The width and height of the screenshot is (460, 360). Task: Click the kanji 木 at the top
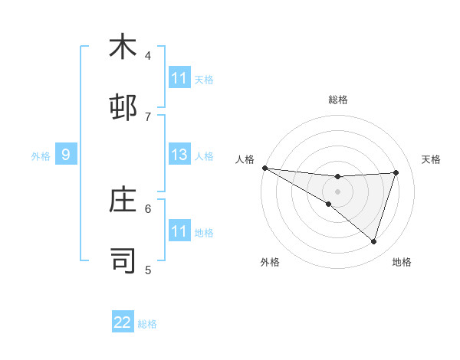[x=123, y=47]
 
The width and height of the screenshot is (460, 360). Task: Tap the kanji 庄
[x=123, y=200]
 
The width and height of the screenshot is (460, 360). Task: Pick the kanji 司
[x=123, y=260]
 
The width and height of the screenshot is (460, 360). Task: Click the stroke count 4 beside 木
[x=148, y=55]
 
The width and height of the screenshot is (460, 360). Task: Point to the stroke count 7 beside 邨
[x=148, y=116]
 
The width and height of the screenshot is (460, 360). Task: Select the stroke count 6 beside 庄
[x=148, y=208]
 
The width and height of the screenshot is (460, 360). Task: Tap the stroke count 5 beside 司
[x=148, y=269]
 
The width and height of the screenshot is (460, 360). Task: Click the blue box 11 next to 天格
[x=179, y=78]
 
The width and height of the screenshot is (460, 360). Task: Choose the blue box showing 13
[x=179, y=155]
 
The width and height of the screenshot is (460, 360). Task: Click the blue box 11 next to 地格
[x=179, y=231]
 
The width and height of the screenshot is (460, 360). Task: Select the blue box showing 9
[x=66, y=155]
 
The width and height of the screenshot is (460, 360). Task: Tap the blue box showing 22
[x=123, y=322]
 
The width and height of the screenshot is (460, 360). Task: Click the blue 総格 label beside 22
[x=148, y=323]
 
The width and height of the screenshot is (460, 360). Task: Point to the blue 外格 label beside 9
[x=41, y=155]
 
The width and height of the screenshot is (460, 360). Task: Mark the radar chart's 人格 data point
[x=264, y=167]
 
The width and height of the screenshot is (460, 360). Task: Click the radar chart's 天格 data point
[x=396, y=172]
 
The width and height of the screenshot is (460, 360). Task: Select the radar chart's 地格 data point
[x=374, y=242]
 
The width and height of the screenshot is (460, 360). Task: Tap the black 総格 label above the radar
[x=338, y=100]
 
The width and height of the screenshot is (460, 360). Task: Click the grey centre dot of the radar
[x=338, y=191]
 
